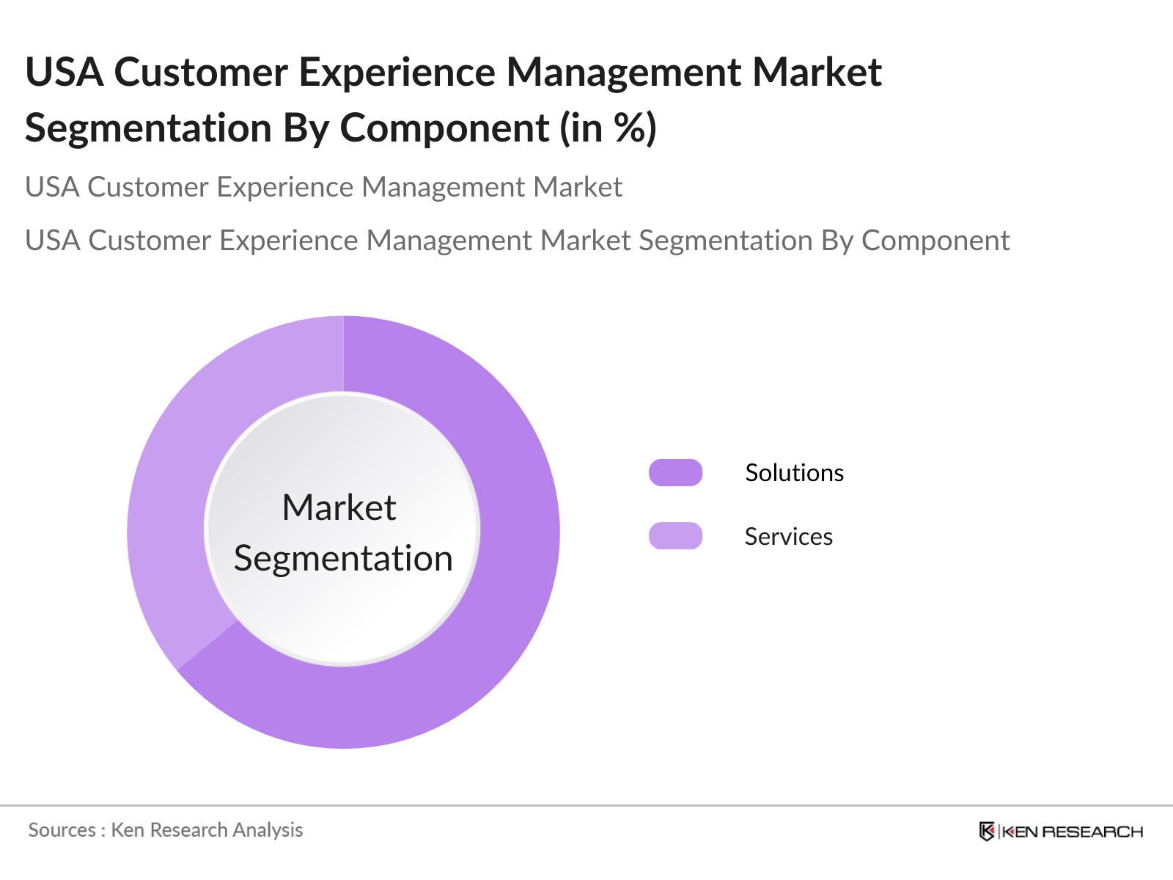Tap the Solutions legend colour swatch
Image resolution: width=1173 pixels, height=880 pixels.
(x=675, y=473)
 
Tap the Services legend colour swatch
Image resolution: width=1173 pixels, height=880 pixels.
(x=675, y=536)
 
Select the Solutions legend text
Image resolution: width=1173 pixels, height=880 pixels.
(x=794, y=473)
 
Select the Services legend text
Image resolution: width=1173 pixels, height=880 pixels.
(x=788, y=537)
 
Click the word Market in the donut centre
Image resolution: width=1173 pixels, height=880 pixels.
(x=339, y=507)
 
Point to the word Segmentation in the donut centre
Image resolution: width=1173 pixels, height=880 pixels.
(x=343, y=559)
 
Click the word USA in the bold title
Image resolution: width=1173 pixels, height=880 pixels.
(x=64, y=72)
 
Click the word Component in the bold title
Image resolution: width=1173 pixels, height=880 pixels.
(x=444, y=128)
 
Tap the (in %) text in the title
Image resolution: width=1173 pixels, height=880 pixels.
(x=608, y=128)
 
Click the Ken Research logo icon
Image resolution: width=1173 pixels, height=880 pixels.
(x=987, y=831)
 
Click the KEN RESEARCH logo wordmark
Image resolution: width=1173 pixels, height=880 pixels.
(x=1072, y=832)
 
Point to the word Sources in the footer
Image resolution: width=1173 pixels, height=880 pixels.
(x=62, y=830)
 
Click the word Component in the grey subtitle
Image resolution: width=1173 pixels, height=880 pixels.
(x=935, y=241)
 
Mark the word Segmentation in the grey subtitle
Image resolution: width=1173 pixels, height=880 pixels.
(x=726, y=241)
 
